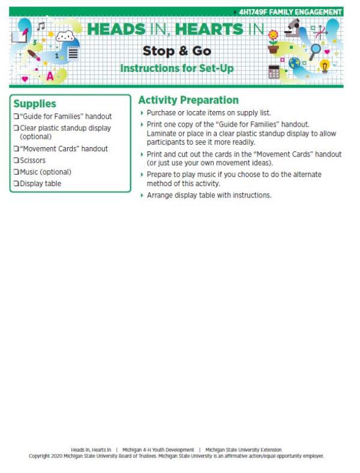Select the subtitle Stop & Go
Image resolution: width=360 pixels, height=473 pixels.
click(x=176, y=51)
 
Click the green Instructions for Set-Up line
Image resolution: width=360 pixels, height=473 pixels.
click(x=176, y=68)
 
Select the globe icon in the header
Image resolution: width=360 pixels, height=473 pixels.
click(x=294, y=63)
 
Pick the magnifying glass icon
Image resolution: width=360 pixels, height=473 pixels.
click(x=315, y=50)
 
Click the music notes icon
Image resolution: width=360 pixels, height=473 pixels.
click(x=41, y=26)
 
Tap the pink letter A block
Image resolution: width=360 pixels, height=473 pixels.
click(x=50, y=76)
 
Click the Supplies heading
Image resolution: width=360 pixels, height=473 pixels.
click(x=35, y=104)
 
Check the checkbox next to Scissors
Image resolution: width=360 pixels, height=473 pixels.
click(x=16, y=161)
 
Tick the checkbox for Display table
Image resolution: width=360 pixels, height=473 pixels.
click(x=16, y=184)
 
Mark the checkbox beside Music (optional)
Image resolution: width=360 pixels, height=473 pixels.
click(x=16, y=172)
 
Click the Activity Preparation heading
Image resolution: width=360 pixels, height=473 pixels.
click(x=188, y=100)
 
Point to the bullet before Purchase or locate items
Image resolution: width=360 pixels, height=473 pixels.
click(x=142, y=113)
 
